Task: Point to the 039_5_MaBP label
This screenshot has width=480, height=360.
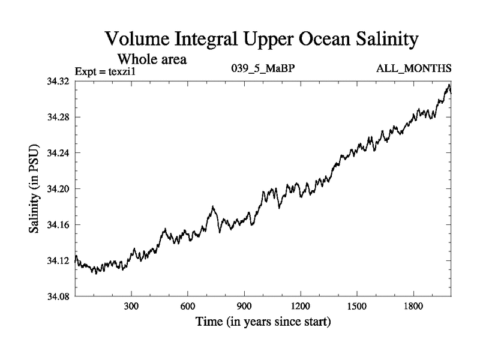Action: (263, 69)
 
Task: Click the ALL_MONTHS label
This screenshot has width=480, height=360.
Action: (413, 69)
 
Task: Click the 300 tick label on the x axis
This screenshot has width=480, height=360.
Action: (131, 307)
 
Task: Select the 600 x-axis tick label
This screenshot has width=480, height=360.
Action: (188, 307)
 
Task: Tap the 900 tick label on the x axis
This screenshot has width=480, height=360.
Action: (244, 307)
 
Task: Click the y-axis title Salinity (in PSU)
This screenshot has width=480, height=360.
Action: (34, 188)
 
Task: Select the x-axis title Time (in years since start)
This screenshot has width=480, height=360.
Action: (263, 322)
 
